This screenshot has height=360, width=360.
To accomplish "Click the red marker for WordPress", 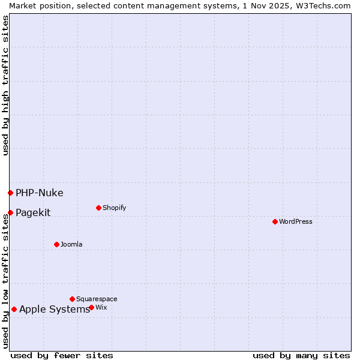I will [275, 221].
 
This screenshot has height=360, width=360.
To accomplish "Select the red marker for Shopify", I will [98, 208].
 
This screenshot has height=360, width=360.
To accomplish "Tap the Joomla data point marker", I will [56, 244].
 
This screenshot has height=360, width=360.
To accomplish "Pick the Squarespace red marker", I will [72, 299].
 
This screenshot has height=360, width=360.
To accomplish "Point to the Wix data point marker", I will [91, 307].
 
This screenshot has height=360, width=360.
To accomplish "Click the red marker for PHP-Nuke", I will [10, 193].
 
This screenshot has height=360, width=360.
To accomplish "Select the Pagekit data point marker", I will [10, 212].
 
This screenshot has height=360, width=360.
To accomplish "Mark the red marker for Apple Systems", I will [14, 310].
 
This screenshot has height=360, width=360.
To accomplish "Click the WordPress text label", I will [296, 221].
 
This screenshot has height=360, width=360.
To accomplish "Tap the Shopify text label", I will [114, 208].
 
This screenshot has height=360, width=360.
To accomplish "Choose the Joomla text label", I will [71, 244].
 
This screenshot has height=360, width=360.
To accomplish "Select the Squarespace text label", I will [97, 299].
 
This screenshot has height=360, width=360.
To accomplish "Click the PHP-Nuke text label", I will [39, 193].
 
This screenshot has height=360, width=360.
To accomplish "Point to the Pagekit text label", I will [33, 212].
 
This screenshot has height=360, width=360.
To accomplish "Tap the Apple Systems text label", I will [54, 310].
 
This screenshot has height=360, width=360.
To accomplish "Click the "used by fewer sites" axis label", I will [62, 355].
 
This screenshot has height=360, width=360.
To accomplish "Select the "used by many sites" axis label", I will [301, 355].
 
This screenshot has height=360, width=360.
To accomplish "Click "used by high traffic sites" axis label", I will [5, 85].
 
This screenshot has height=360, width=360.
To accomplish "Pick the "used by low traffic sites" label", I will [5, 280].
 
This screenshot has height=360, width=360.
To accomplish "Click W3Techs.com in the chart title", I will [326, 5].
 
